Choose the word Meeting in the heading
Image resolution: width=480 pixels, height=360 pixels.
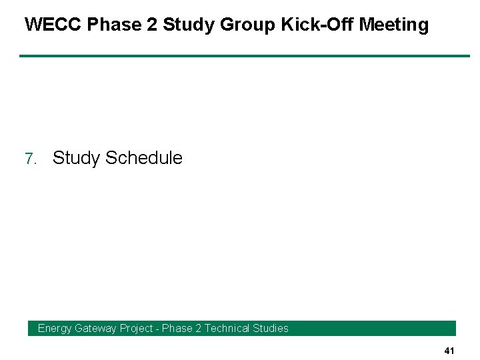coord(394,25)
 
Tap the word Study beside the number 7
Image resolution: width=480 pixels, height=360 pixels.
coord(77,158)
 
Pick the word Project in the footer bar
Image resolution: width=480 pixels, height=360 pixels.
coord(136,328)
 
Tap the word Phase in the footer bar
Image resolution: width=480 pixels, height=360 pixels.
coord(177,328)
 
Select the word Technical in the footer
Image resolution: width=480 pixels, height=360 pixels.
coord(227,328)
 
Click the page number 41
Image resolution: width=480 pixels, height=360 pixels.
coord(449,351)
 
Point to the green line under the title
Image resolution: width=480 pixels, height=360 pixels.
coord(244,56)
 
